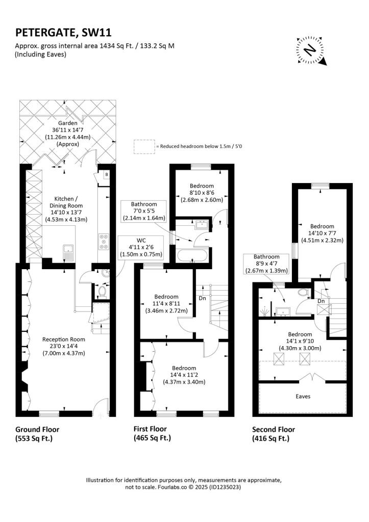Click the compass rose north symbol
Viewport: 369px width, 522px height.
(x=311, y=50)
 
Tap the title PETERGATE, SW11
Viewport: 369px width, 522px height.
(x=63, y=33)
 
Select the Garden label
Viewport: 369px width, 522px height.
(x=68, y=123)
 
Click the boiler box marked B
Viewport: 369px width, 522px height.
(x=107, y=175)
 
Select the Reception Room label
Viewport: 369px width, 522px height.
(x=64, y=340)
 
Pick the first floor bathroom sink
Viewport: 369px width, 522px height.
(x=202, y=224)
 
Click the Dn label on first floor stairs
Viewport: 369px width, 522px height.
(x=202, y=298)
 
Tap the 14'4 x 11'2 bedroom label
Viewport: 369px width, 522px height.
(x=184, y=375)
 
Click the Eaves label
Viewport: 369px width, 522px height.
(x=303, y=397)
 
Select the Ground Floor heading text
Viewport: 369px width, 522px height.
(x=37, y=429)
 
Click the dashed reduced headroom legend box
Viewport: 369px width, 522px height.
(x=144, y=146)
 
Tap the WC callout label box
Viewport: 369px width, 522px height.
(x=141, y=247)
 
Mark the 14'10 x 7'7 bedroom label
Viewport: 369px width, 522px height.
(x=322, y=233)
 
